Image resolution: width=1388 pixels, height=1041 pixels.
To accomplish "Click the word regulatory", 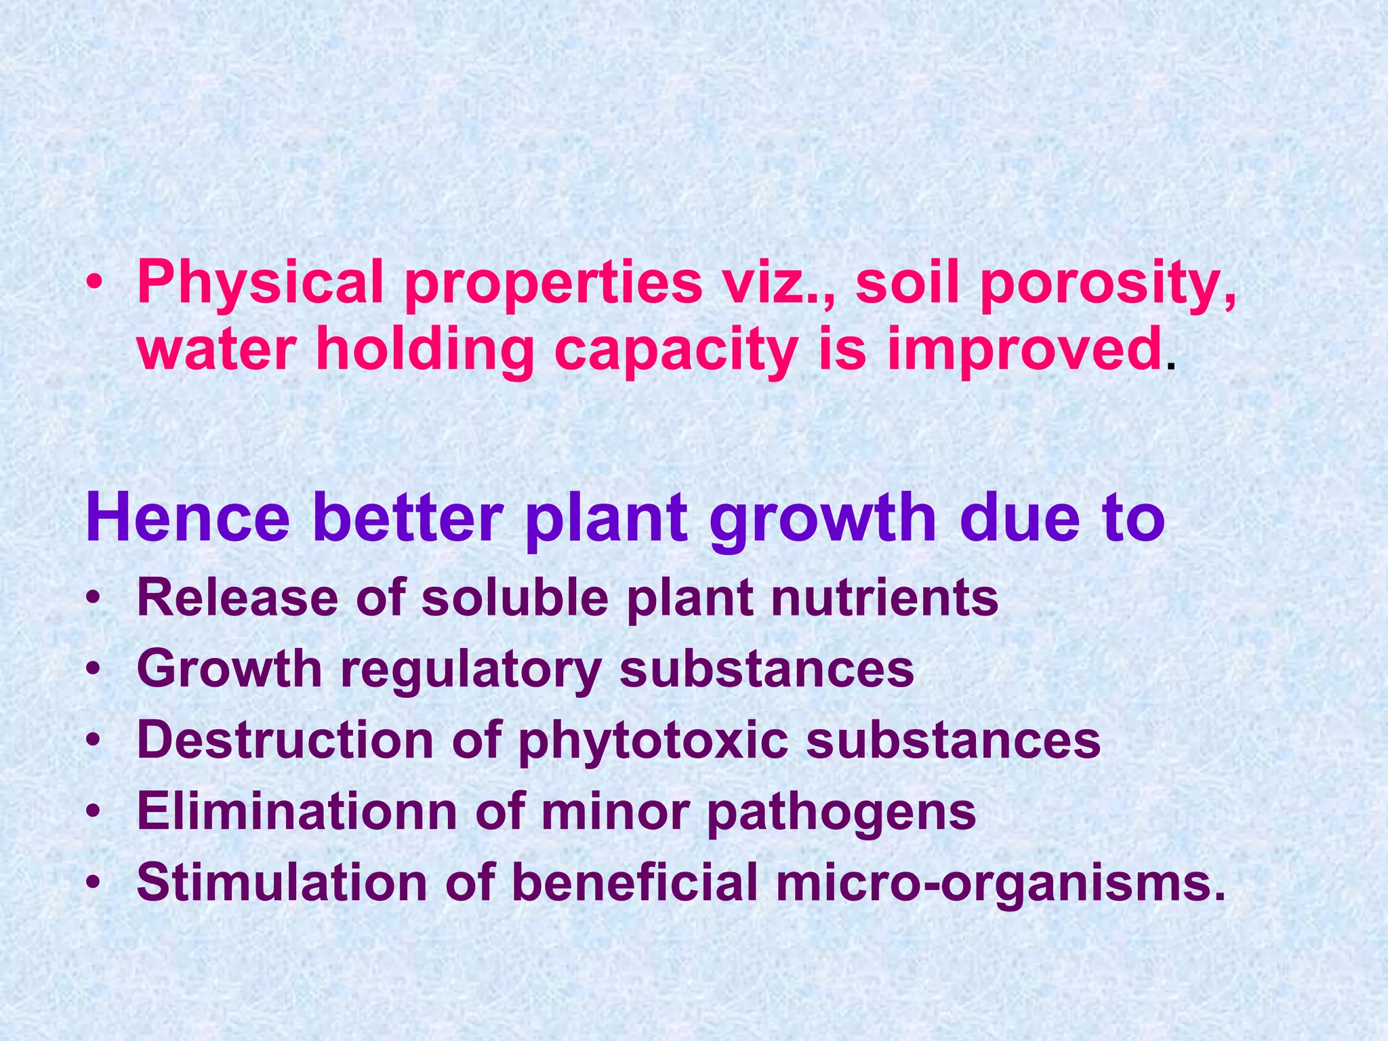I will [x=471, y=670].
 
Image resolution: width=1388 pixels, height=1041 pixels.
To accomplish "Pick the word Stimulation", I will [x=282, y=882].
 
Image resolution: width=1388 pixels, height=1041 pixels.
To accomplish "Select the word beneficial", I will [x=634, y=882].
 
